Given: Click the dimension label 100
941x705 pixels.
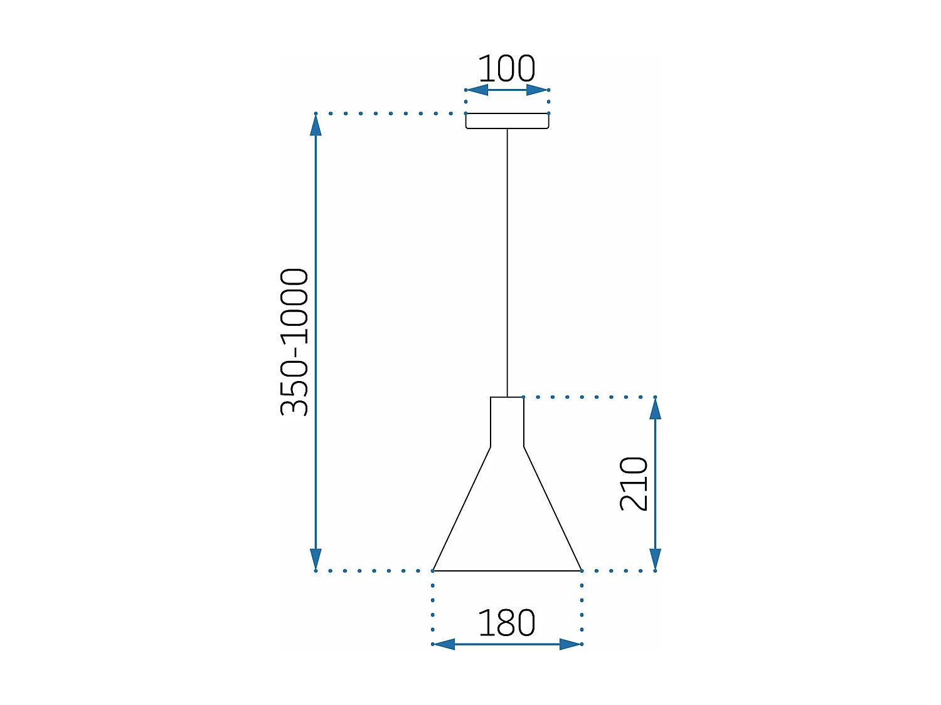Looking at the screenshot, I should [x=506, y=68].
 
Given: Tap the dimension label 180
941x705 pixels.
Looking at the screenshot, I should [x=506, y=623].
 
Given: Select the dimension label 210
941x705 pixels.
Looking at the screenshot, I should [x=634, y=484].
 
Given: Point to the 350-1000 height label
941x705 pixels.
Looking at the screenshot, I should [x=294, y=342].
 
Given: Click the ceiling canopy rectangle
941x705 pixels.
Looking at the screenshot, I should [x=507, y=121].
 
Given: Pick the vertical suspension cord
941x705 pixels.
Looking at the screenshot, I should [x=507, y=263].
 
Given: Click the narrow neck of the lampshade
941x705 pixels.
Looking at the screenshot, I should [x=507, y=422].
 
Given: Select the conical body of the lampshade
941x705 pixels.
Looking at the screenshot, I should [x=507, y=520].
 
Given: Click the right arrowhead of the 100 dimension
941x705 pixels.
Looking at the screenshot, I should [x=538, y=90].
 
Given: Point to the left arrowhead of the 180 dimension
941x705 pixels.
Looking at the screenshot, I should [x=444, y=644].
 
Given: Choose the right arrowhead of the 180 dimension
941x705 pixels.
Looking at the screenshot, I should [x=570, y=644].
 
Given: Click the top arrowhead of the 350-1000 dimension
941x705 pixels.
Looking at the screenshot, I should [x=316, y=125].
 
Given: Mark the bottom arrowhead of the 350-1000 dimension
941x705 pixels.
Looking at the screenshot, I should [x=316, y=559].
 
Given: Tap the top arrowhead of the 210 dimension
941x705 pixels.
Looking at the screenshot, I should [x=655, y=408].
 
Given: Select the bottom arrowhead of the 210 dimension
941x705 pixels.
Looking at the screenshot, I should [x=655, y=559].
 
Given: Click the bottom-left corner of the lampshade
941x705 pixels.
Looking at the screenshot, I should [x=433, y=570].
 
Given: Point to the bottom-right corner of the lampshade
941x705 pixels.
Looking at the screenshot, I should [x=581, y=570].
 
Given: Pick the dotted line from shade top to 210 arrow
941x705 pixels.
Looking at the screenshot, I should [x=590, y=397].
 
